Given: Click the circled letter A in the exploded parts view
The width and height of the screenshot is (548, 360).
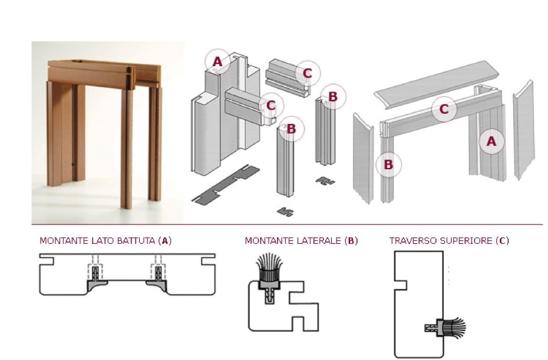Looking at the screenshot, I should (217, 61).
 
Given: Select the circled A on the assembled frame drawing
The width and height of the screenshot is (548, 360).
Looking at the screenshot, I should (491, 141).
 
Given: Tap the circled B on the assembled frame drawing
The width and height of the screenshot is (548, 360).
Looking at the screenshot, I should (388, 164).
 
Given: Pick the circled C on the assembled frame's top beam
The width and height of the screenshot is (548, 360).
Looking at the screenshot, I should (444, 109).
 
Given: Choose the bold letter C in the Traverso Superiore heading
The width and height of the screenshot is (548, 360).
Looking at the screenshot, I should (503, 241).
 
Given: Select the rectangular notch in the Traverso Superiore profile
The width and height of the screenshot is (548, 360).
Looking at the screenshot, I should (402, 282).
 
